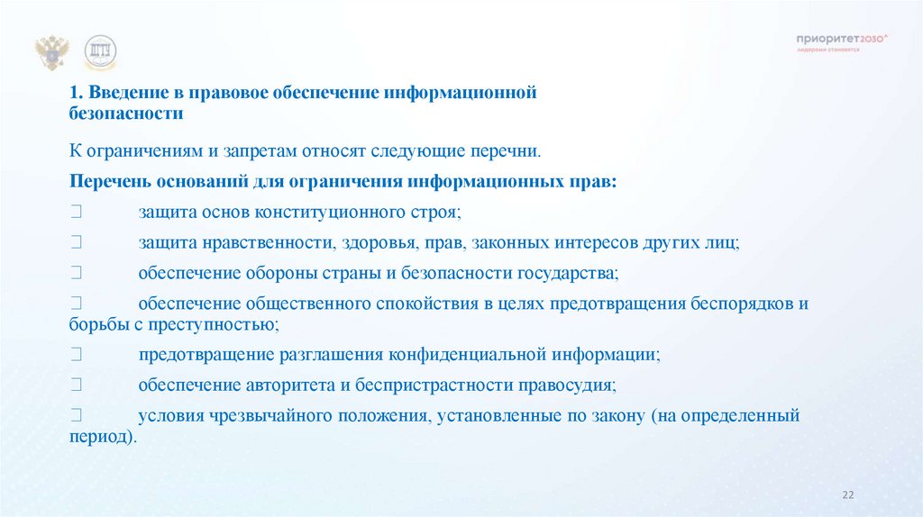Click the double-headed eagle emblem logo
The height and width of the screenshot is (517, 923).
pyautogui.click(x=51, y=54)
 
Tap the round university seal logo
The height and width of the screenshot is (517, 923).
pyautogui.click(x=101, y=54)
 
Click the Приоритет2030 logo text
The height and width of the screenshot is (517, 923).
pyautogui.click(x=842, y=39)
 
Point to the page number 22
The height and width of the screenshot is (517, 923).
pyautogui.click(x=846, y=494)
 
